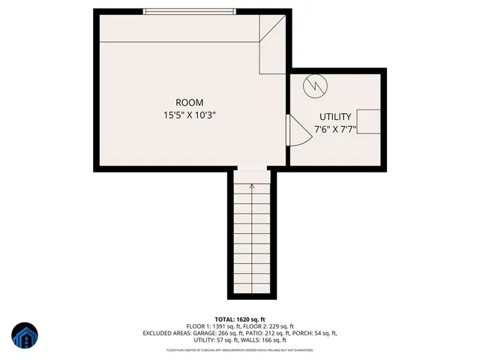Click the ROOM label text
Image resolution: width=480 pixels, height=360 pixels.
[x=189, y=103]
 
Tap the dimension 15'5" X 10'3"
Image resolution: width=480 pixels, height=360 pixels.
[x=190, y=115]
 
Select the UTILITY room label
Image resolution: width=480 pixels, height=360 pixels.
[x=335, y=117]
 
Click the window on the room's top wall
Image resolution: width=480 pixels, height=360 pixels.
[x=190, y=11]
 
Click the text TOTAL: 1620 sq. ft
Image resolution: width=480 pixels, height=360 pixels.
[x=240, y=319]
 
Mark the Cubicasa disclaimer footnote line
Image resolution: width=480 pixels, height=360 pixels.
[x=240, y=350]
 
